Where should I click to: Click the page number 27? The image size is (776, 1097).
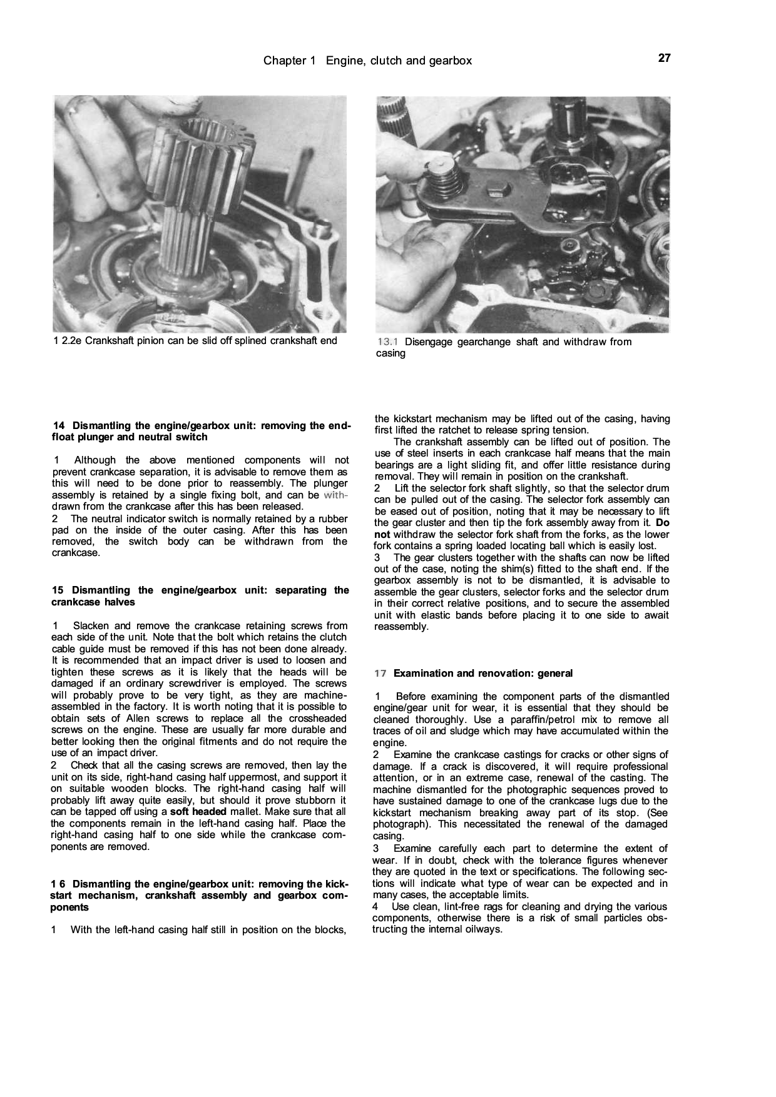click(664, 58)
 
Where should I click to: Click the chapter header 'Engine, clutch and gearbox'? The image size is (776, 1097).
click(399, 61)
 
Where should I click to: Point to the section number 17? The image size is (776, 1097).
click(380, 674)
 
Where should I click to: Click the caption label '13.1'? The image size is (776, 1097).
click(387, 342)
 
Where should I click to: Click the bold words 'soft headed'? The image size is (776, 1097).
click(198, 812)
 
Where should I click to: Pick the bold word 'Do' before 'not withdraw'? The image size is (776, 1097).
click(663, 523)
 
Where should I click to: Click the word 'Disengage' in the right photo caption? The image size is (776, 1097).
click(429, 342)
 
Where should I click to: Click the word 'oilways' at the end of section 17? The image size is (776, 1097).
click(482, 929)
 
